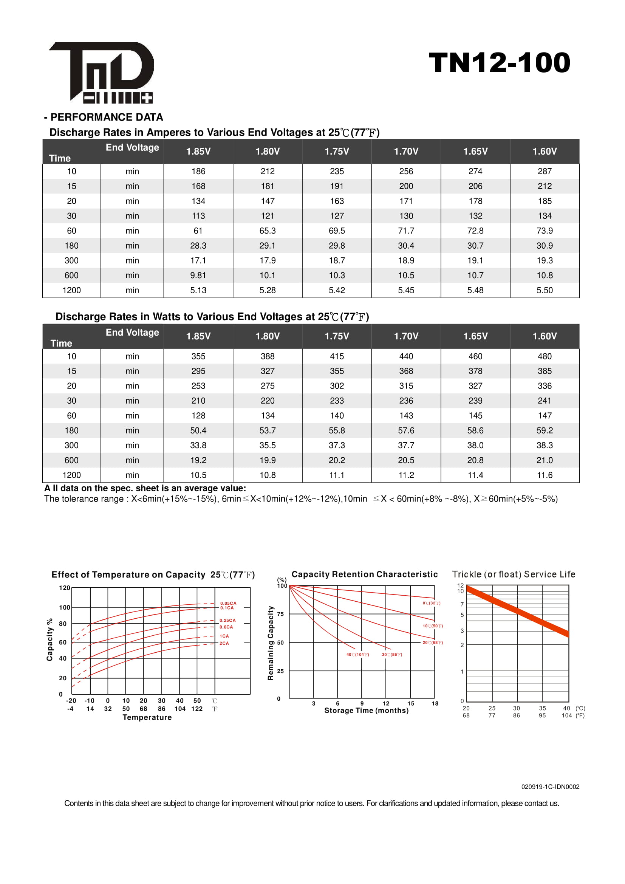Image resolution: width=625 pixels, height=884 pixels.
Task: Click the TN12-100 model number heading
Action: click(x=499, y=62)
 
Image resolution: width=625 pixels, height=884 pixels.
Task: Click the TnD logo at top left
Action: click(x=102, y=73)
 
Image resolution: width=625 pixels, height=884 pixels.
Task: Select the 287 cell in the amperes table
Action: click(x=544, y=171)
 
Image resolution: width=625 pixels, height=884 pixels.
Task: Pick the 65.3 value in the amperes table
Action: click(x=268, y=231)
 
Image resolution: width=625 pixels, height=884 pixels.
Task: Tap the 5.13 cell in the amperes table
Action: click(x=198, y=290)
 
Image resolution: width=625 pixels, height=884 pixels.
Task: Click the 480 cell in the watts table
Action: click(x=544, y=356)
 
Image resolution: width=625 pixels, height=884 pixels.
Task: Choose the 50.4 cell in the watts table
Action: click(x=198, y=430)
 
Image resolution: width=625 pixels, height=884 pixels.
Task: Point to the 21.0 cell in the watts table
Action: click(x=544, y=460)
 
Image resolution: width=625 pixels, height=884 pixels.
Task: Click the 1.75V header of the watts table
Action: click(x=337, y=336)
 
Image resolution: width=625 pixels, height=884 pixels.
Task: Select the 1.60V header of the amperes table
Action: click(x=544, y=151)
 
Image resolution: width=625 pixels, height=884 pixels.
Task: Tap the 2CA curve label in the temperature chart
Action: click(x=224, y=643)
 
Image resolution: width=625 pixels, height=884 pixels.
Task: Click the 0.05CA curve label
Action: click(x=228, y=603)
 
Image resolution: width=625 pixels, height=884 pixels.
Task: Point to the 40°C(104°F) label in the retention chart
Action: click(x=357, y=655)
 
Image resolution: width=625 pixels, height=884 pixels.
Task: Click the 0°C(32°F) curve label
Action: click(x=432, y=603)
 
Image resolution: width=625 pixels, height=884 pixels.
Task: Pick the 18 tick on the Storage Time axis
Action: click(x=435, y=703)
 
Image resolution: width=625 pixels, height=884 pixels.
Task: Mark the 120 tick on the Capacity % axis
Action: click(x=64, y=588)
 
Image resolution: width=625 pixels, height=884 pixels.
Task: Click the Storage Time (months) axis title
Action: click(x=367, y=711)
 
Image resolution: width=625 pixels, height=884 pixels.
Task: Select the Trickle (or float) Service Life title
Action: click(x=514, y=574)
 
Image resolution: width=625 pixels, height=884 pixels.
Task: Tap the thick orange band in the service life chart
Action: click(x=517, y=610)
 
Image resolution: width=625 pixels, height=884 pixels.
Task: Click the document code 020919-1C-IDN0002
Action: click(x=550, y=787)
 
